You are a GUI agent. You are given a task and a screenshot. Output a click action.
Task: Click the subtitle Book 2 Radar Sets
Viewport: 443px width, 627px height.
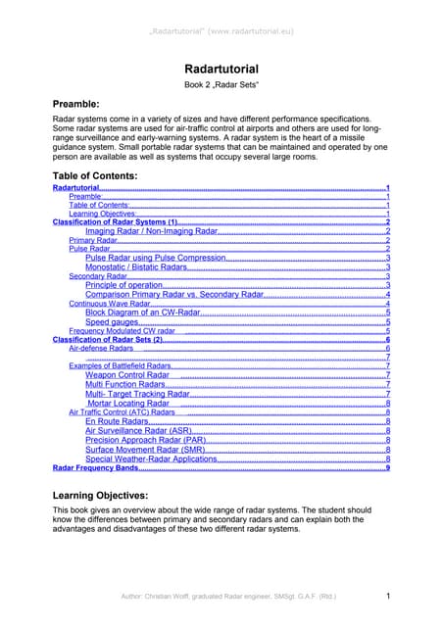pos(221,87)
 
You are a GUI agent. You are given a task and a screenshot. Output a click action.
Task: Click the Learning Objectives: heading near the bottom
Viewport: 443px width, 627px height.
pos(114,496)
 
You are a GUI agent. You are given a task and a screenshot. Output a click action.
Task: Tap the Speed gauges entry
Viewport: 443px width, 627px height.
pos(111,321)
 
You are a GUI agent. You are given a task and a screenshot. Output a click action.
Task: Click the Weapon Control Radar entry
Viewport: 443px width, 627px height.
pos(127,374)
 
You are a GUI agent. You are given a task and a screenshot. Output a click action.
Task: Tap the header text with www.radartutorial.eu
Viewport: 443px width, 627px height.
pos(221,14)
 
